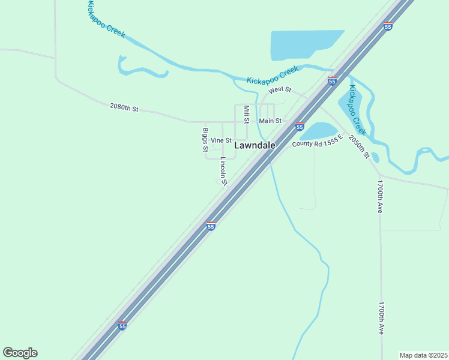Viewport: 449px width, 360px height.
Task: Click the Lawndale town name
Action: tap(255, 145)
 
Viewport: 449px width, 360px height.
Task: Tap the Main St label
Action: tap(270, 121)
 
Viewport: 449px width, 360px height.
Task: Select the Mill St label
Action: tap(246, 114)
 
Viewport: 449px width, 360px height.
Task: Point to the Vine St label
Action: tap(221, 140)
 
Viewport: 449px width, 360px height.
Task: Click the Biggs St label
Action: tap(205, 139)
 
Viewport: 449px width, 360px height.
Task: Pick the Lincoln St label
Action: tap(223, 170)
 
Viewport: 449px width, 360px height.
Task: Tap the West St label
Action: tap(280, 90)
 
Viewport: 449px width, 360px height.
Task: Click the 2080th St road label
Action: tap(124, 108)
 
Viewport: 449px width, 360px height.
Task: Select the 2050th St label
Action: tap(359, 146)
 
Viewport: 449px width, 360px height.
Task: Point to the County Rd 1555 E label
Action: tap(318, 141)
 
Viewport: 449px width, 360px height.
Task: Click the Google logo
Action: tap(20, 353)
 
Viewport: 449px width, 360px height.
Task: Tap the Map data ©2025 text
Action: tap(423, 355)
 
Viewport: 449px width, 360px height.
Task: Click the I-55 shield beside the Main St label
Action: tap(300, 126)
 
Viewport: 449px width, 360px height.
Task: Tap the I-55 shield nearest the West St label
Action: tap(332, 81)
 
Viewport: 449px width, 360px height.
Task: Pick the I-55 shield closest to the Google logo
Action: tap(122, 326)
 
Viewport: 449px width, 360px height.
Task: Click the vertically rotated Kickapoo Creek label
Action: tap(357, 109)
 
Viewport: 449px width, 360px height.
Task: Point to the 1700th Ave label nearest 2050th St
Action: tap(380, 196)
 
